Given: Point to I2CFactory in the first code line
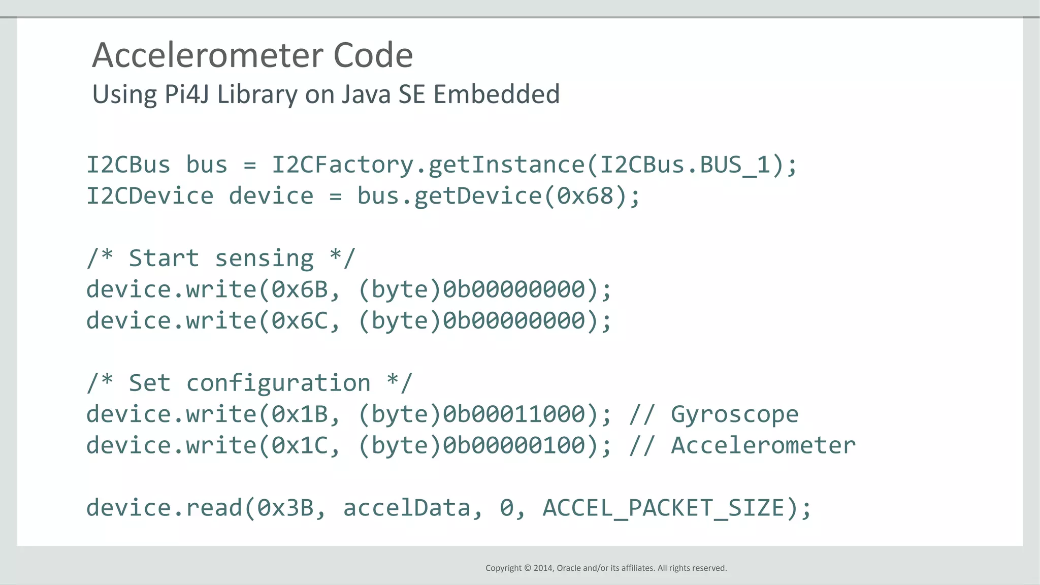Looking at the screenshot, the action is click(x=343, y=165).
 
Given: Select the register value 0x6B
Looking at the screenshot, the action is click(x=300, y=289).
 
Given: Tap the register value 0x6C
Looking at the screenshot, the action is click(x=300, y=321).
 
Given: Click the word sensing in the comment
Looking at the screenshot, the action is click(x=264, y=258).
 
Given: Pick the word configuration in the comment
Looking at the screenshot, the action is click(x=278, y=383).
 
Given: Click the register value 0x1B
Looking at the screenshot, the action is click(x=300, y=414).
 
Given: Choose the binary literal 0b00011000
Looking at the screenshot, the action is click(x=514, y=414).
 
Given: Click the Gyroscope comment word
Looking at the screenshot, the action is click(x=734, y=414).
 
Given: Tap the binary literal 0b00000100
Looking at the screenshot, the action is click(x=514, y=446).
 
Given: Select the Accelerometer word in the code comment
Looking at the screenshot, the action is click(x=763, y=446).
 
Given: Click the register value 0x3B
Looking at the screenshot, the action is click(x=285, y=508).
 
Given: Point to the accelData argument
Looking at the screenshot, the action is click(x=407, y=508).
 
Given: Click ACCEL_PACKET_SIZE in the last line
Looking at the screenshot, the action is click(x=664, y=508).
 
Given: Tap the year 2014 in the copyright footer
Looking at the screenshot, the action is click(x=543, y=568).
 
